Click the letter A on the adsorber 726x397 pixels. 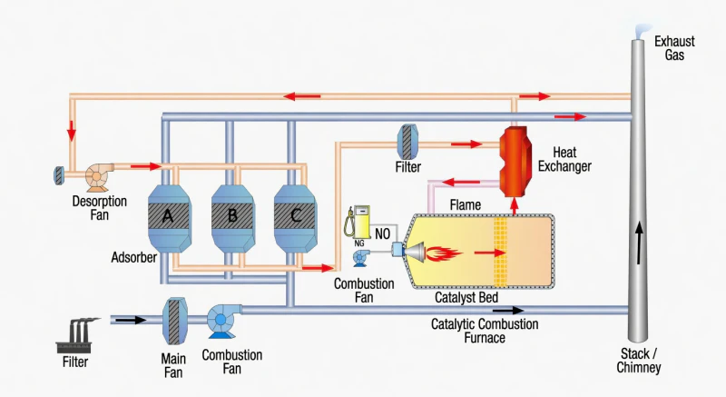click(x=168, y=215)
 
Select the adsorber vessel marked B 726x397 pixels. click(x=231, y=215)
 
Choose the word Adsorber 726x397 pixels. click(x=134, y=257)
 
